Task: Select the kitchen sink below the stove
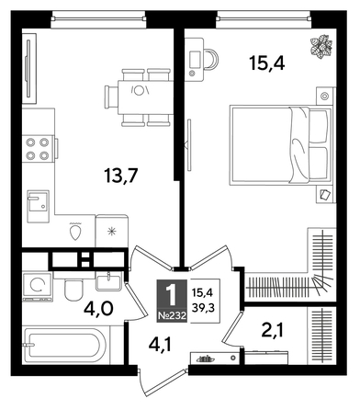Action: click(38, 203)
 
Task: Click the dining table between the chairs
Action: click(139, 91)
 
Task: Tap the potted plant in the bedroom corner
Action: click(321, 44)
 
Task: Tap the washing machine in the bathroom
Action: click(38, 286)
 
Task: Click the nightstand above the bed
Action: click(323, 95)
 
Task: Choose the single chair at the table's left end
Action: click(97, 91)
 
